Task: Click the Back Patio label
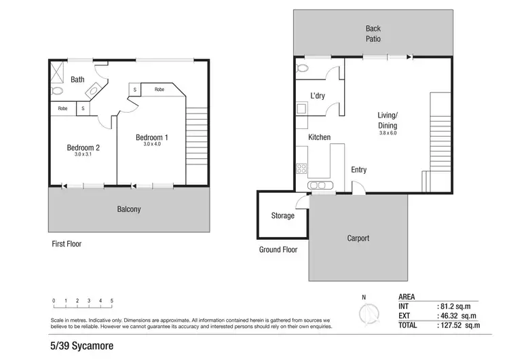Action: (373, 34)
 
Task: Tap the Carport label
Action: (358, 238)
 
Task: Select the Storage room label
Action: (283, 216)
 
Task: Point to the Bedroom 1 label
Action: (151, 137)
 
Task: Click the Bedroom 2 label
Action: (83, 147)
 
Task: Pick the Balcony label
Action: (128, 209)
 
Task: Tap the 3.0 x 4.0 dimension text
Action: (152, 144)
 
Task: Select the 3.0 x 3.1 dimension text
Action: (83, 155)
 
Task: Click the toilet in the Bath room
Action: (57, 90)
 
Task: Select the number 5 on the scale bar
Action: (112, 300)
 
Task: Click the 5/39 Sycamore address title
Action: (81, 346)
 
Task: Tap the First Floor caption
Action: (67, 243)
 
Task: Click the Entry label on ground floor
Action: (358, 170)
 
